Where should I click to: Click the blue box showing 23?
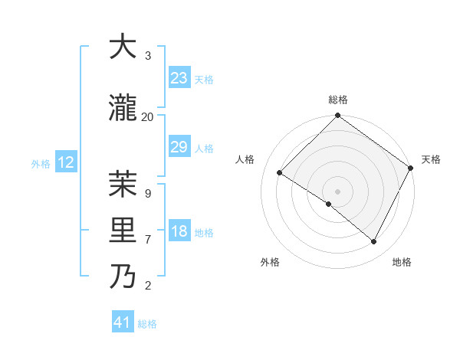pos(179,78)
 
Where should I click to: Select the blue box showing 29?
pos(179,147)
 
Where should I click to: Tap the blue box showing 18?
pos(179,232)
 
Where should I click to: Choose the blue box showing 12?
pos(66,162)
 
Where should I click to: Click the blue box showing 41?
pos(123,322)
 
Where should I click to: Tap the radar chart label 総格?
pos(337,100)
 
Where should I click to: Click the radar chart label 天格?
pos(431,159)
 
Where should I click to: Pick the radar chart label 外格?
pos(270,263)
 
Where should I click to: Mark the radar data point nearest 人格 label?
pos(280,172)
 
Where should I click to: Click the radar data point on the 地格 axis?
pos(374,242)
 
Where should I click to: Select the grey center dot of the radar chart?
pos(337,191)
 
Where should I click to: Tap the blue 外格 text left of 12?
pos(41,163)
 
